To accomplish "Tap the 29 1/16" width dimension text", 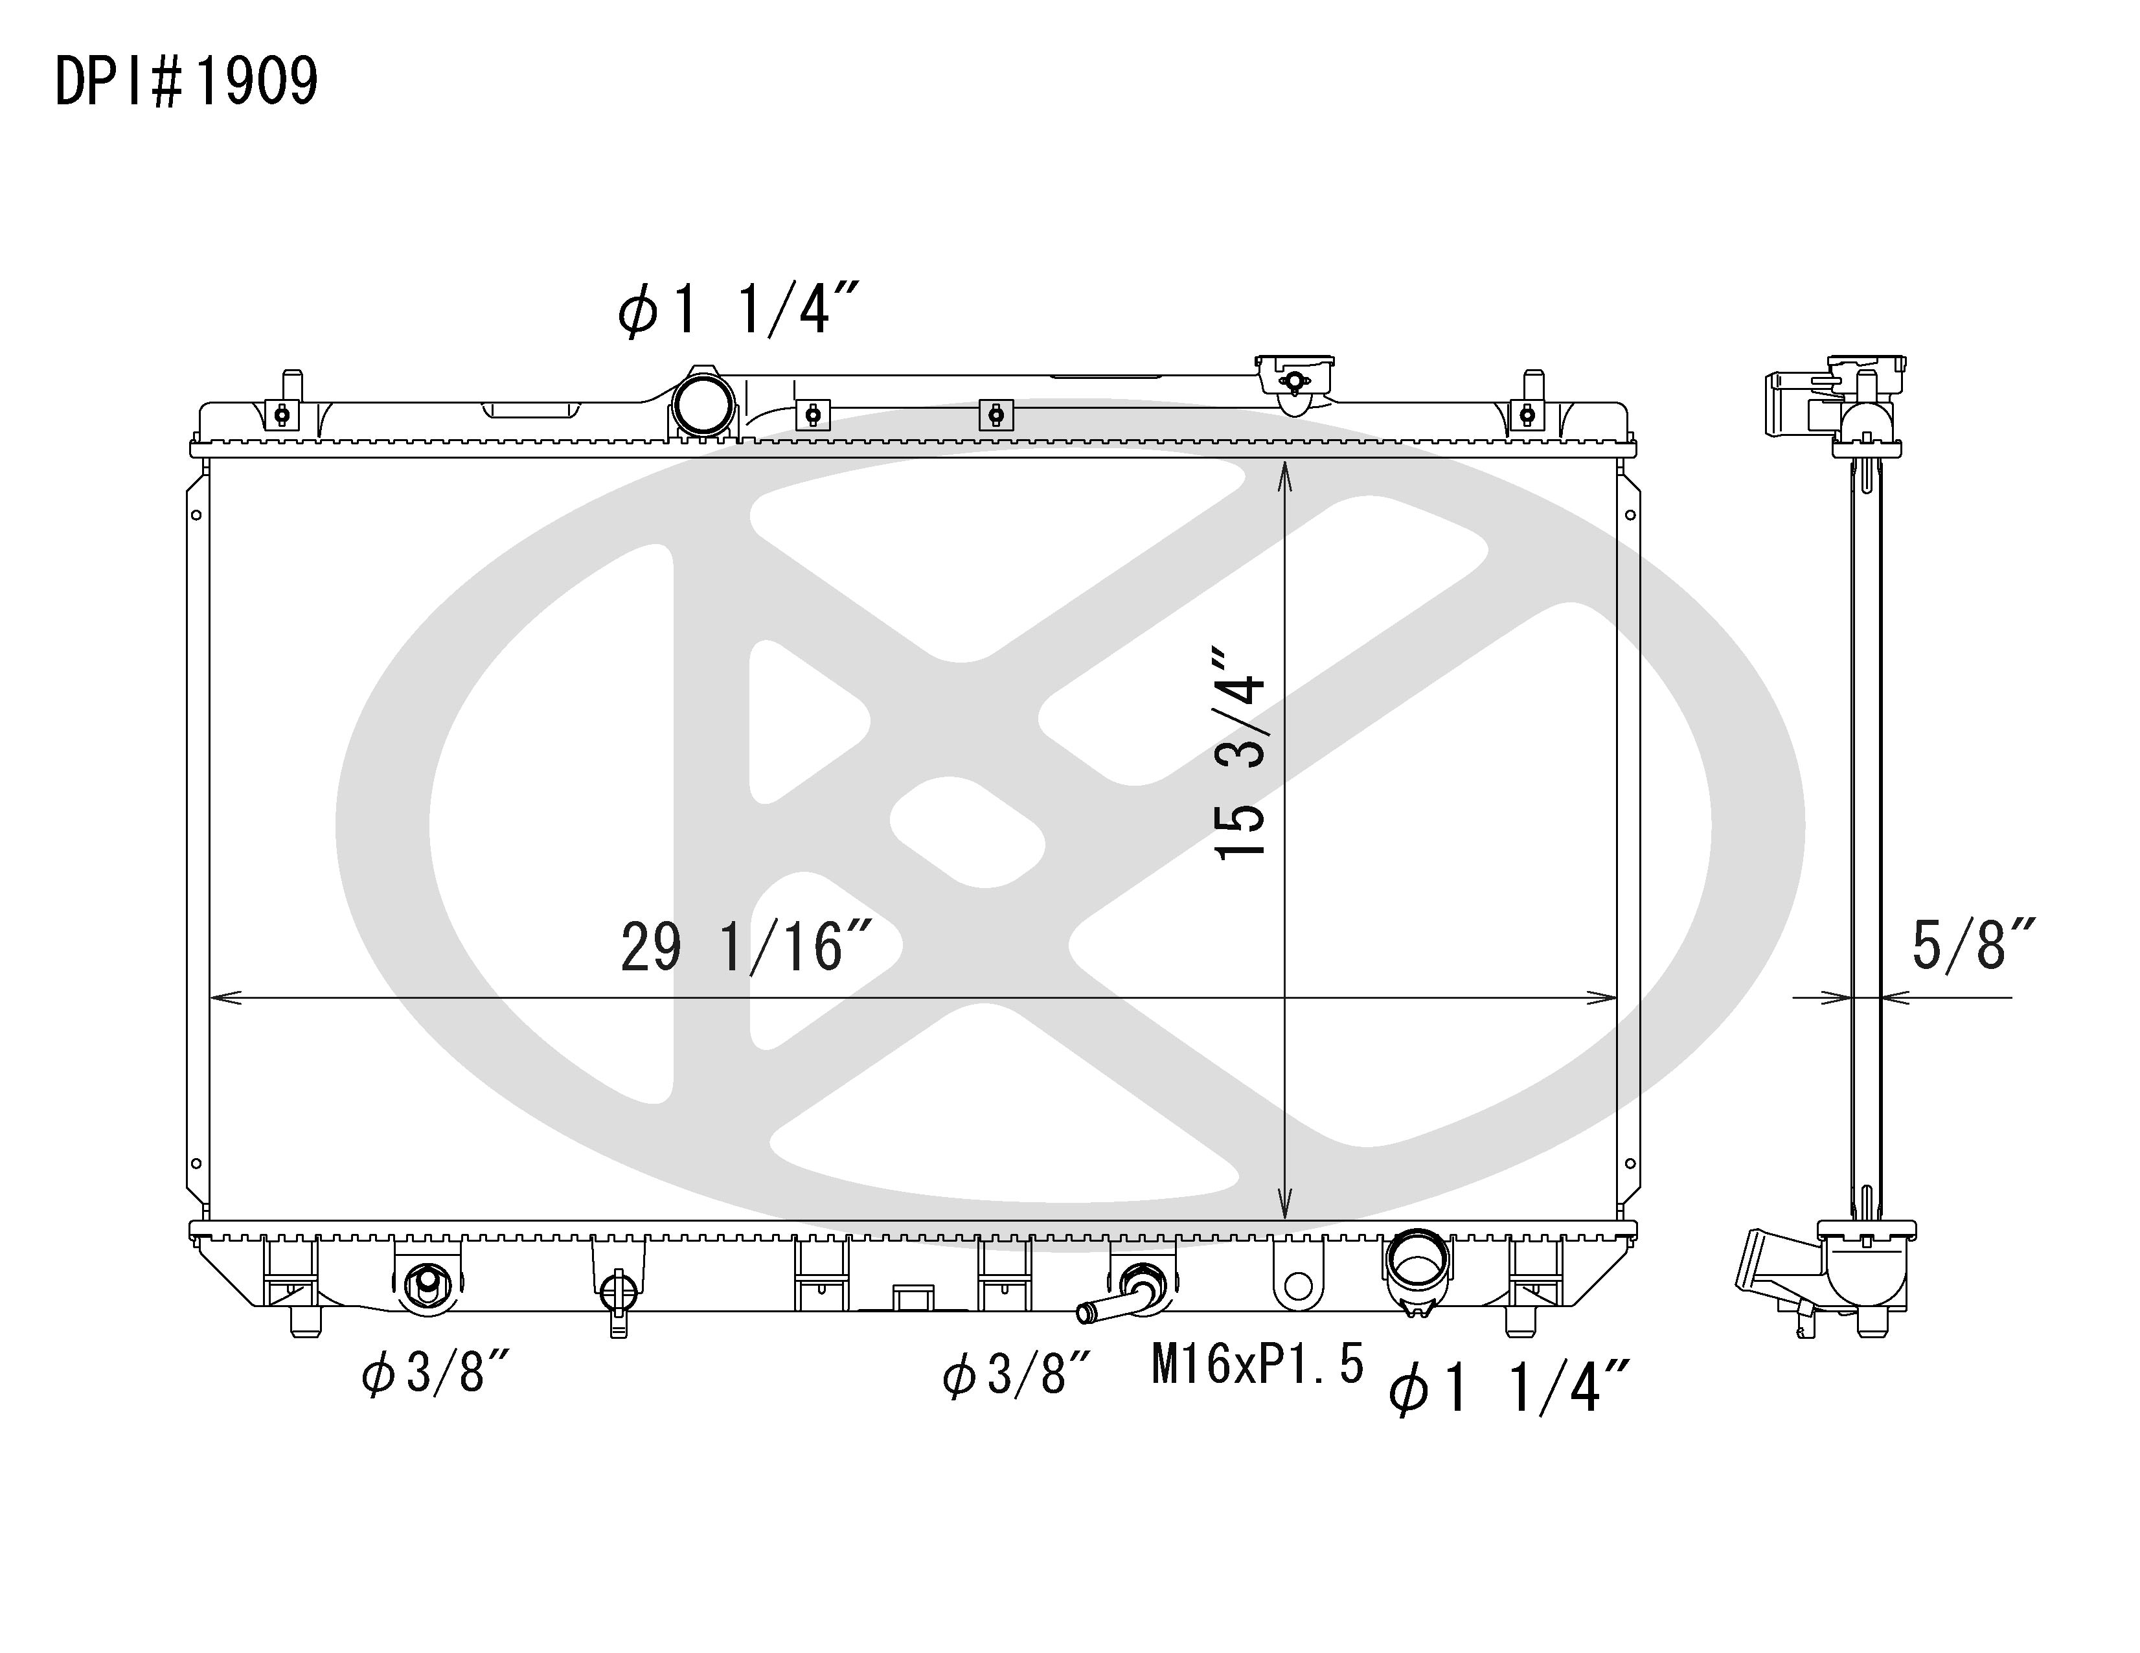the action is tap(747, 948).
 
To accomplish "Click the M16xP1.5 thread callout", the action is tap(1257, 1364).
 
